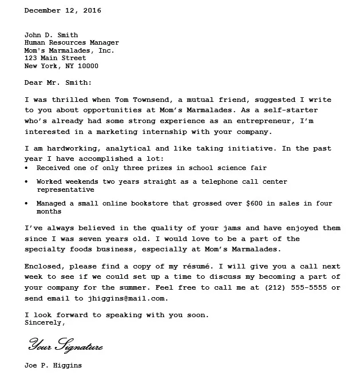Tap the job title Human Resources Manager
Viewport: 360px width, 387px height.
tap(72, 42)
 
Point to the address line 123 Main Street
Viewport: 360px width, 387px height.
tap(56, 58)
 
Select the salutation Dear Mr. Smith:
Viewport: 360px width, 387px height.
tap(58, 82)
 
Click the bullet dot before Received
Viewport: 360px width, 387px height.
tap(28, 168)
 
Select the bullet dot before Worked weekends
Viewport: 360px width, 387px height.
tap(28, 181)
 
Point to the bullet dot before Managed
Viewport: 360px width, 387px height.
tap(28, 203)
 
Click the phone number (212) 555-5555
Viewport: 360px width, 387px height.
tap(292, 287)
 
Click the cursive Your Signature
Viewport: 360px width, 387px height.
tap(66, 346)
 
